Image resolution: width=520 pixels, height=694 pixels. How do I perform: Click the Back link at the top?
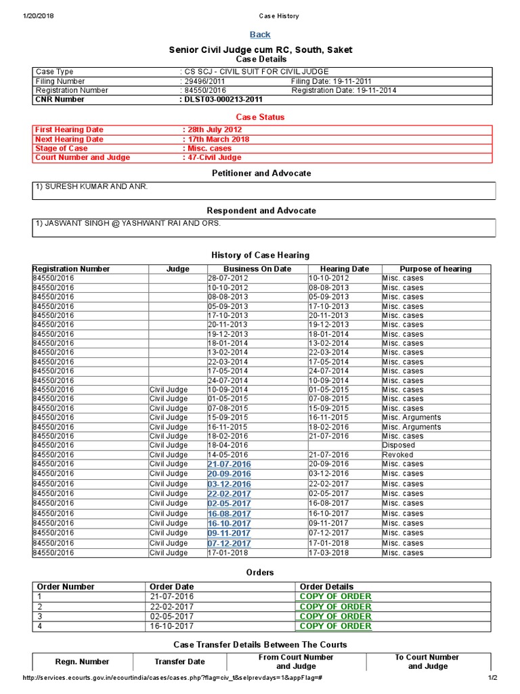260,35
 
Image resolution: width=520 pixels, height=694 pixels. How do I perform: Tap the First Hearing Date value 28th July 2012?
213,129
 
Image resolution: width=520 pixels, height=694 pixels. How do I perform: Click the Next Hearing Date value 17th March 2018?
216,139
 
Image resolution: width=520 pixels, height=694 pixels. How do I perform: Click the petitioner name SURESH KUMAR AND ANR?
91,186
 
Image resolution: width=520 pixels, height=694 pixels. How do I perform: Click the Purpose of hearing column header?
435,269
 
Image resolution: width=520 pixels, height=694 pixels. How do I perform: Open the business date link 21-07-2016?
229,464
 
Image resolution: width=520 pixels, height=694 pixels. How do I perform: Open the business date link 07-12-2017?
229,544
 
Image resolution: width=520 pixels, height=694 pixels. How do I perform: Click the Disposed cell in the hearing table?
399,445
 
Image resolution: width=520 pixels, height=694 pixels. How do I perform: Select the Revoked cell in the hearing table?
397,455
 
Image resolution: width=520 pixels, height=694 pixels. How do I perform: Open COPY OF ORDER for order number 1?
335,596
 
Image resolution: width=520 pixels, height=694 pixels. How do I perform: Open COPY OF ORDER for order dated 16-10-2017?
335,626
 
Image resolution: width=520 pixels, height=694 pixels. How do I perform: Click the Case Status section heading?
260,117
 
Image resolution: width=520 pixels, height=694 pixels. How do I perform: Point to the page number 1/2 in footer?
492,678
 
